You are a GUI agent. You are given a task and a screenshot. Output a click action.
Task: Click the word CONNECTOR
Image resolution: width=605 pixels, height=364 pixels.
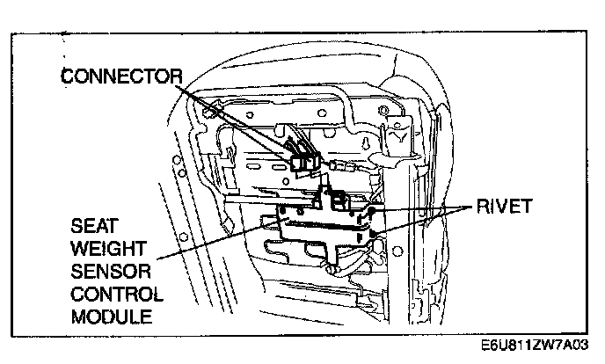click(120, 76)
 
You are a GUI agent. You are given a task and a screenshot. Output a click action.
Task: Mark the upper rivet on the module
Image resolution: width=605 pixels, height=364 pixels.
click(372, 212)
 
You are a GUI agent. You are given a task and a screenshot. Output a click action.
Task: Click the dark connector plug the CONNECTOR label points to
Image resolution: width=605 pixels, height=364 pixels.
click(302, 161)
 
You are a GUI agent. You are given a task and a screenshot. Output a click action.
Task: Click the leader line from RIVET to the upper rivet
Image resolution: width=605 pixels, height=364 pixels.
click(422, 210)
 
